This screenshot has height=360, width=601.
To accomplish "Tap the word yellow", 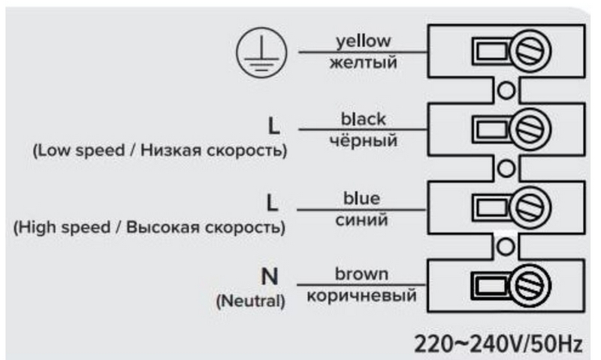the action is click(x=364, y=41).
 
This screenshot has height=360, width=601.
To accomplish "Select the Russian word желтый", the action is click(x=364, y=62).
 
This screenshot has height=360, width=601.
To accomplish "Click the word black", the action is click(x=364, y=119).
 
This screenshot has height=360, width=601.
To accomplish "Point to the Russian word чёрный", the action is click(x=364, y=140).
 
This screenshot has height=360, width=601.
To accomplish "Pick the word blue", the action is click(x=361, y=198).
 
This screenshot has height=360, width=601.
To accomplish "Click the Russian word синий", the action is click(x=361, y=219).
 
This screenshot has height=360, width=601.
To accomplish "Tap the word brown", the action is click(x=361, y=274).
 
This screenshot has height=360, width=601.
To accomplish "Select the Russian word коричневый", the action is click(x=361, y=295).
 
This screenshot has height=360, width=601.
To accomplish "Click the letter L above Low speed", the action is click(x=273, y=126).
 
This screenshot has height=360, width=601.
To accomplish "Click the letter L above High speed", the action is click(x=272, y=203).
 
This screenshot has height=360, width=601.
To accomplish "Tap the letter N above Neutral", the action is click(x=270, y=276).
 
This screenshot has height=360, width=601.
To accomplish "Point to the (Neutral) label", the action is click(x=251, y=301).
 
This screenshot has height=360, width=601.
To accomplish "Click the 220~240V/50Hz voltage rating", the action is click(x=498, y=343).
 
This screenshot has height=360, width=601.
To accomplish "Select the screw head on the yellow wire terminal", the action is click(x=530, y=51).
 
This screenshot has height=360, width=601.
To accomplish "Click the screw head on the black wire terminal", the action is click(x=530, y=129).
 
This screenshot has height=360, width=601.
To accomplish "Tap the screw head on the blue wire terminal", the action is click(x=530, y=207).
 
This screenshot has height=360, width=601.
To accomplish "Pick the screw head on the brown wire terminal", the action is click(x=530, y=286).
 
